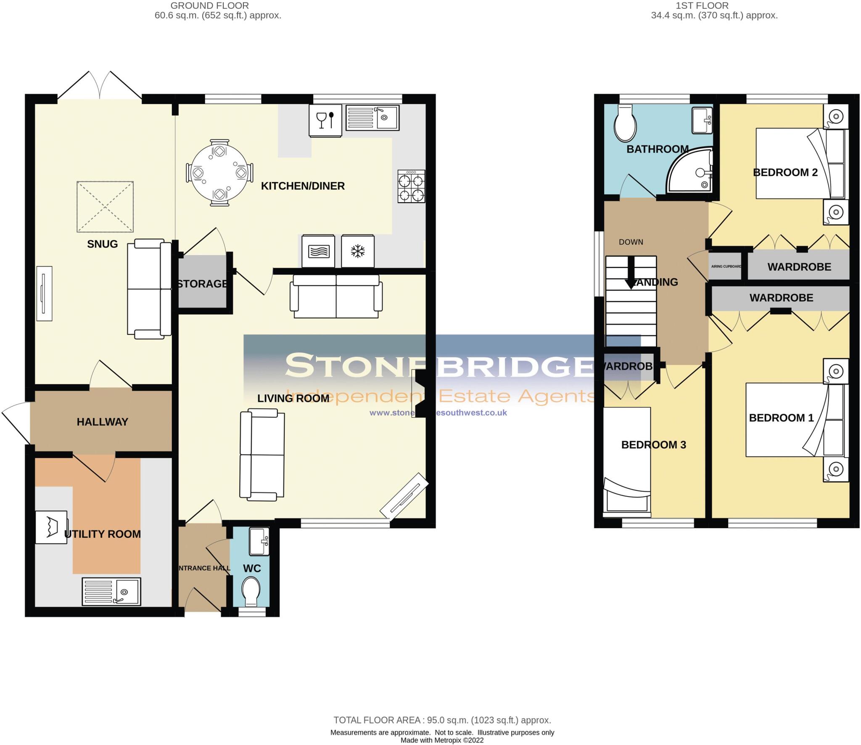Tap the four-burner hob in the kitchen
pyautogui.click(x=411, y=186)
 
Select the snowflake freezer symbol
pyautogui.click(x=358, y=251)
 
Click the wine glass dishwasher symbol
pyautogui.click(x=325, y=120)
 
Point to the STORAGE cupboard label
pyautogui.click(x=203, y=284)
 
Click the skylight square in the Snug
pyautogui.click(x=105, y=206)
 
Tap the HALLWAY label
pyautogui.click(x=102, y=422)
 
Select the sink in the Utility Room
pyautogui.click(x=111, y=591)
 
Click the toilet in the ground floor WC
pyautogui.click(x=251, y=590)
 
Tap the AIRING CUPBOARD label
pyautogui.click(x=726, y=266)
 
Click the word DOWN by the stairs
pyautogui.click(x=631, y=242)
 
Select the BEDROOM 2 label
pyautogui.click(x=785, y=172)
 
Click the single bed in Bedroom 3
pyautogui.click(x=627, y=460)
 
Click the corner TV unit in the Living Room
pyautogui.click(x=404, y=495)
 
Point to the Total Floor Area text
pyautogui.click(x=442, y=720)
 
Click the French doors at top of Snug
pyautogui.click(x=100, y=86)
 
